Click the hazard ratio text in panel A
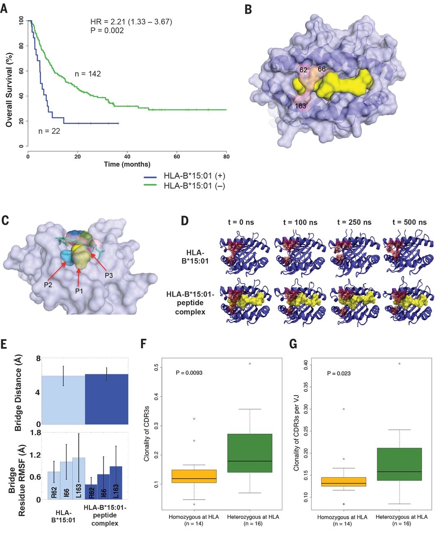tap(131, 22)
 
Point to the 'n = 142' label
tap(88, 74)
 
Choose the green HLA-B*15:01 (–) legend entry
tap(185, 186)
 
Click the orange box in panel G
tap(349, 481)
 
